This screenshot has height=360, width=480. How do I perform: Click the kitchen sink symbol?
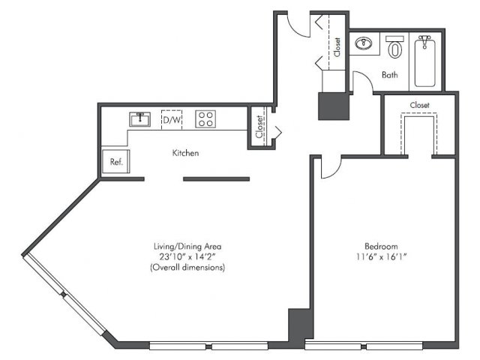coord(140,119)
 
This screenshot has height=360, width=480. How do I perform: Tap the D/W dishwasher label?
coord(172,120)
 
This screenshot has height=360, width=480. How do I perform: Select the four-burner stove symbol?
coord(205,119)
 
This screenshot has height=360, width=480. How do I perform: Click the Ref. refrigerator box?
coord(115,161)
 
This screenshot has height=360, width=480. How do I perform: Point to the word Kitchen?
coord(185,153)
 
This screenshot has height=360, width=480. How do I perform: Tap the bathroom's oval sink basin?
coord(364,43)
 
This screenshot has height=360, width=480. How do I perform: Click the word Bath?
coord(390,75)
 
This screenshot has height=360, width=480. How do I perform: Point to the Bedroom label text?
coord(381,246)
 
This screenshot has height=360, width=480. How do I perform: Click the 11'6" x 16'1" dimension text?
coord(381,256)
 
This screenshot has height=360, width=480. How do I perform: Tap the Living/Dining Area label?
coord(187,246)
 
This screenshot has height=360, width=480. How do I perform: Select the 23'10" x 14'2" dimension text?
coord(187,256)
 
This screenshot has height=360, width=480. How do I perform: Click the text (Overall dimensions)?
coord(187,267)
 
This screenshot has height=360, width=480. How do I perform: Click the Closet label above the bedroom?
coord(420,105)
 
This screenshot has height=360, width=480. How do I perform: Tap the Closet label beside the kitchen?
coord(259,127)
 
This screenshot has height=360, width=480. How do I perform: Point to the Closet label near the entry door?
coord(337,47)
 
